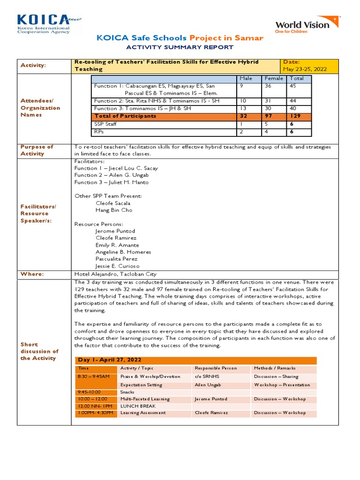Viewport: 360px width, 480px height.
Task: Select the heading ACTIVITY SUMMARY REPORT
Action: (x=180, y=47)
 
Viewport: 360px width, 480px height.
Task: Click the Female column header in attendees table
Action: (x=274, y=78)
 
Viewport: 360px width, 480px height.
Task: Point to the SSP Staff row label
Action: (x=105, y=123)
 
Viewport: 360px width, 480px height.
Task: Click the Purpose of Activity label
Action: (x=37, y=150)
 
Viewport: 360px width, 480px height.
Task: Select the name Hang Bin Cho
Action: (x=114, y=210)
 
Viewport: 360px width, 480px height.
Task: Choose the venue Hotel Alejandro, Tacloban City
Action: (x=115, y=274)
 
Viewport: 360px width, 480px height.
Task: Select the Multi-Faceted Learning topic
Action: (x=145, y=399)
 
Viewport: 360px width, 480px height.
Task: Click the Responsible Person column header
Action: (x=216, y=368)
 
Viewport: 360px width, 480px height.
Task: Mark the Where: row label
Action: (x=32, y=274)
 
